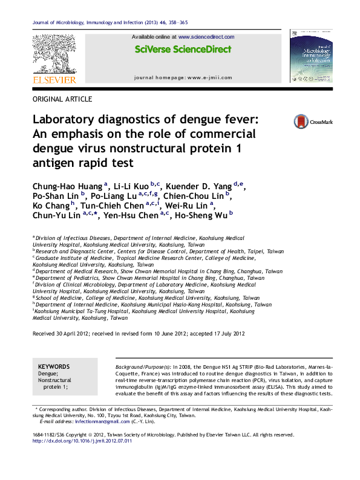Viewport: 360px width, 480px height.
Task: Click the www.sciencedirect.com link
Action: [206, 37]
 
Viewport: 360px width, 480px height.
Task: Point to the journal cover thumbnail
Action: [311, 56]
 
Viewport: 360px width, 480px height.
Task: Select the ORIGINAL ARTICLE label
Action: [62, 99]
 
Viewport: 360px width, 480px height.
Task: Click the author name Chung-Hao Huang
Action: [67, 186]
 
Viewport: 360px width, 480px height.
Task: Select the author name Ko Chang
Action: [48, 205]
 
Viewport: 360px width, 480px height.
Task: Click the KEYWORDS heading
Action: [53, 367]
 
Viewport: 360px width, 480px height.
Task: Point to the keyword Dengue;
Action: [48, 374]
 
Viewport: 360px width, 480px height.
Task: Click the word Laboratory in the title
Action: [70, 120]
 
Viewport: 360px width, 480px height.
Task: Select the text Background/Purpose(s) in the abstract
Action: [142, 367]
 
